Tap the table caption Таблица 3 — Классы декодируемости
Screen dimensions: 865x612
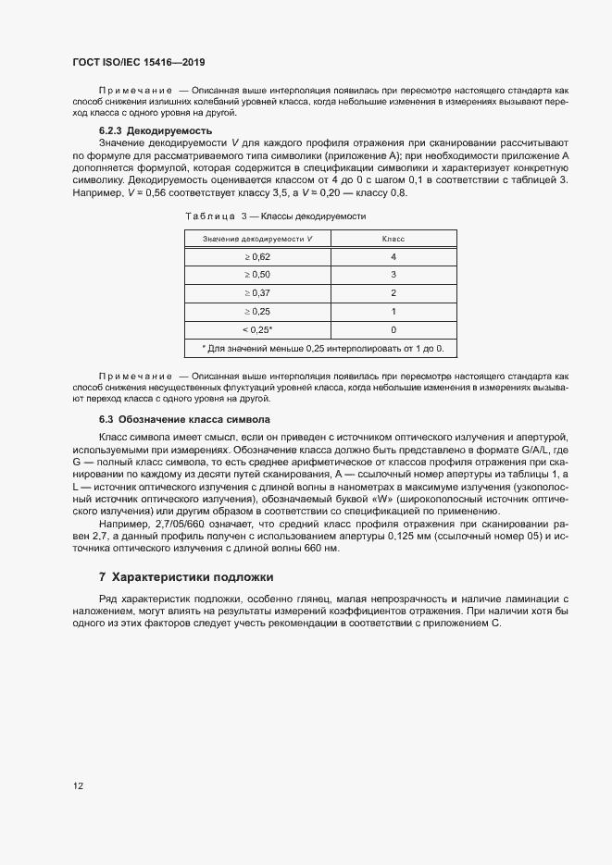point(276,216)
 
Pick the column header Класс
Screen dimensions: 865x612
point(393,239)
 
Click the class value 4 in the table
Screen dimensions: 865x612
point(393,256)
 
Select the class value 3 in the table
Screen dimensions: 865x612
point(393,275)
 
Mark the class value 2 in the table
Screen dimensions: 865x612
point(393,293)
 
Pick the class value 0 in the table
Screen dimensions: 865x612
point(393,329)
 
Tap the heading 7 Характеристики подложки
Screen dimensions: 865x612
point(186,577)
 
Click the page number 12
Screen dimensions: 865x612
point(78,786)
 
